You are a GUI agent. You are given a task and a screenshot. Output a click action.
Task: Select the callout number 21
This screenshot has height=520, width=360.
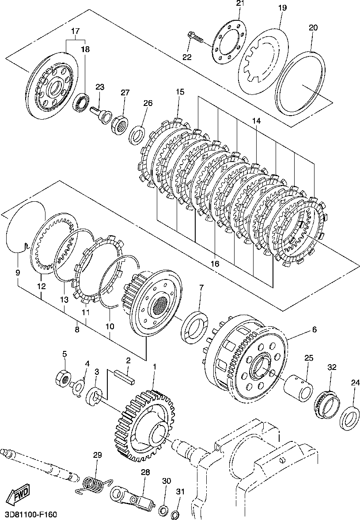[x=240, y=4]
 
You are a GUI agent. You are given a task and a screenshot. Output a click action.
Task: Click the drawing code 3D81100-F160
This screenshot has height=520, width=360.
[x=31, y=515]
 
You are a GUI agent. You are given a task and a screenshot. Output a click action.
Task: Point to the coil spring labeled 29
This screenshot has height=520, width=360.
[x=93, y=484]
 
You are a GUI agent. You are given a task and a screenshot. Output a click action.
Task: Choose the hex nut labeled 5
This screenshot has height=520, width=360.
[x=63, y=378]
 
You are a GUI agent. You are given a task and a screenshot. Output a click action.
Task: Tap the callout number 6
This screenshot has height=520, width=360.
[x=314, y=329]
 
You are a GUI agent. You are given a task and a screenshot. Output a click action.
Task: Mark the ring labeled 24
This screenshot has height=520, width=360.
[x=349, y=416]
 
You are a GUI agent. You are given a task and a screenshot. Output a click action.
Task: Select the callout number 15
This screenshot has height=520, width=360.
[x=179, y=92]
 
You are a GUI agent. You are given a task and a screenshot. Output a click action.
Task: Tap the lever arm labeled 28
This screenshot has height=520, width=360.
[x=134, y=497]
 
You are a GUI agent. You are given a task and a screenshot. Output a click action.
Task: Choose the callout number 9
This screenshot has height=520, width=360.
[x=18, y=273]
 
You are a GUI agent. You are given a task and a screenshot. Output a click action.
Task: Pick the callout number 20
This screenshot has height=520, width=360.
[x=313, y=27]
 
